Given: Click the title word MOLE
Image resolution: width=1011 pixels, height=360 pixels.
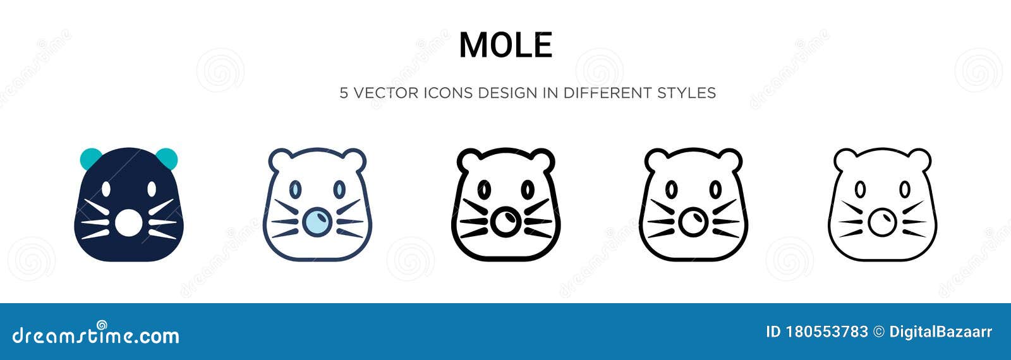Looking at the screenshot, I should (505, 45).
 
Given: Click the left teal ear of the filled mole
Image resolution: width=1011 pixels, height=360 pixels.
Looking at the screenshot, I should (89, 157).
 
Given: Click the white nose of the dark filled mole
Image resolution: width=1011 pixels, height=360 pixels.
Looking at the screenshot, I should (128, 223).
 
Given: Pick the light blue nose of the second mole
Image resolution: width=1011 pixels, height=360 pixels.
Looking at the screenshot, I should (317, 222).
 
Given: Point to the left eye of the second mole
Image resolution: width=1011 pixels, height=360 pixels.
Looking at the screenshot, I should (294, 189).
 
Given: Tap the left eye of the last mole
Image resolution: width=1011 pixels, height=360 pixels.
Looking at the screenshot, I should (860, 189).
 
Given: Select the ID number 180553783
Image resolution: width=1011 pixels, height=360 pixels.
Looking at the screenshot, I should (826, 332).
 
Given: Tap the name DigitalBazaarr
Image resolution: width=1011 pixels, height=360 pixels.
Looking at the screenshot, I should (940, 332).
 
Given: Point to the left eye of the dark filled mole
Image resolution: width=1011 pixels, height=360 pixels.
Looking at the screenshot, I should (106, 189).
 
